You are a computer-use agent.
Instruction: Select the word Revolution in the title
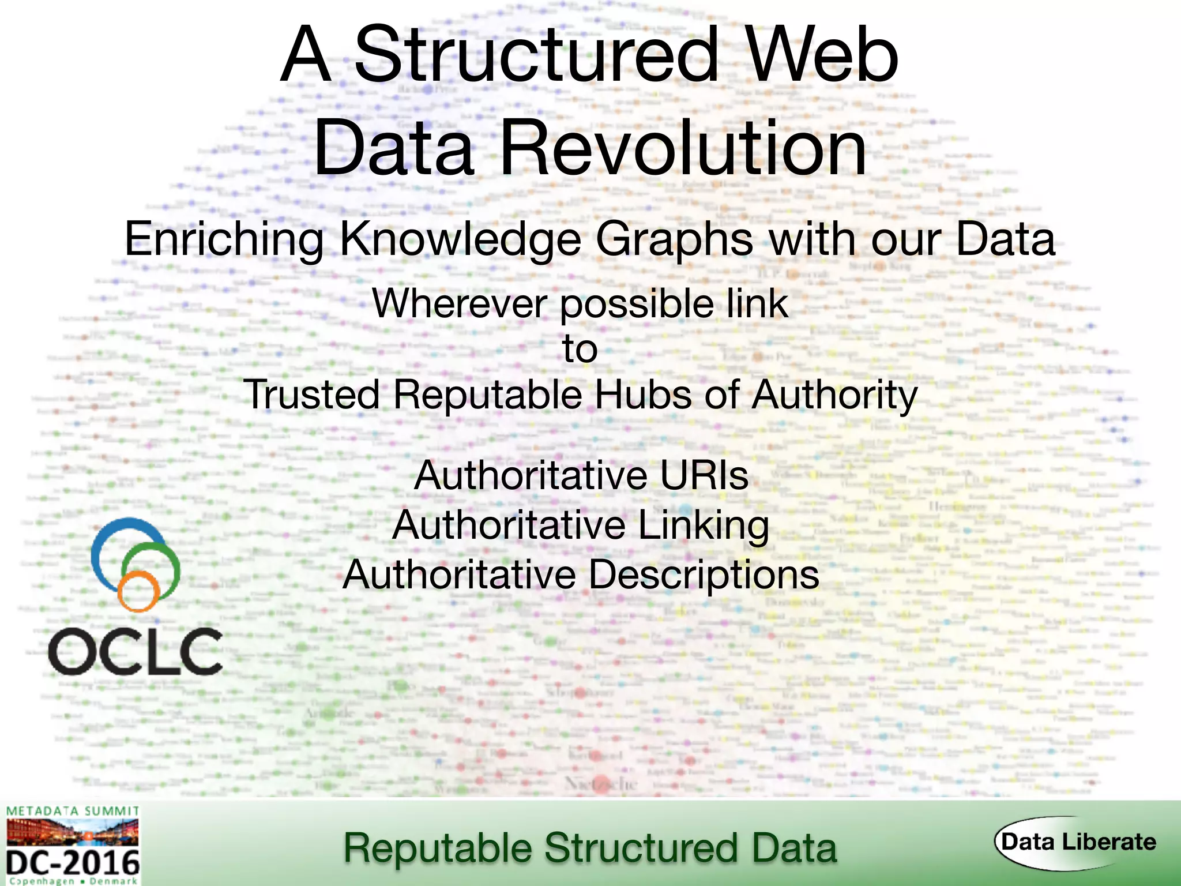[x=683, y=148]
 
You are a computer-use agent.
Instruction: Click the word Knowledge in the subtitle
[x=460, y=239]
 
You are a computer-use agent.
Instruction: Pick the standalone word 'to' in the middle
[x=580, y=349]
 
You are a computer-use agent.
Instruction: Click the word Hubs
[x=642, y=395]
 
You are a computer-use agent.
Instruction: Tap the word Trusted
[x=312, y=395]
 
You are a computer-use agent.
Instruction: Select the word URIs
[x=704, y=476]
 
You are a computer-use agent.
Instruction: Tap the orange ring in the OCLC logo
[x=138, y=591]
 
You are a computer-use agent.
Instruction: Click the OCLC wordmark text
[x=136, y=652]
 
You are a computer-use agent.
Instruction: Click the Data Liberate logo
[x=1077, y=842]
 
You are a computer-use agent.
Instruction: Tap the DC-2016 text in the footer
[x=73, y=864]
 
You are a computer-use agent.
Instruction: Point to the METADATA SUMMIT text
[x=73, y=811]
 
